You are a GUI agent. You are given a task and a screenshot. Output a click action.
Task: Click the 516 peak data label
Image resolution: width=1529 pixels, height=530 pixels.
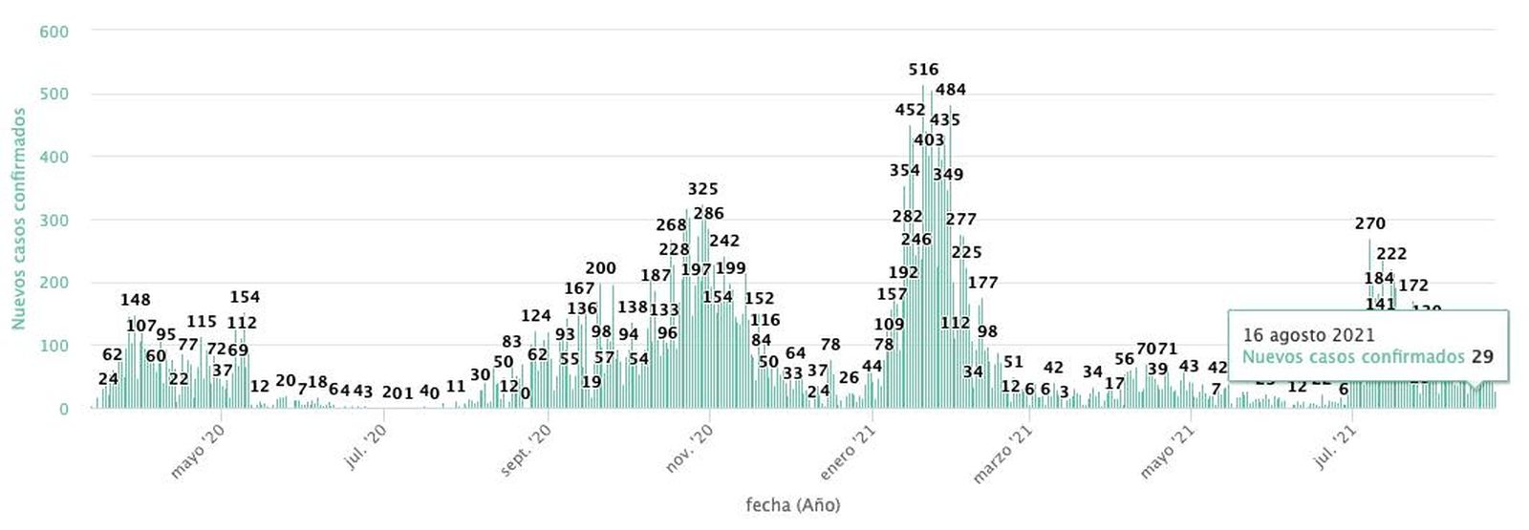[x=923, y=70]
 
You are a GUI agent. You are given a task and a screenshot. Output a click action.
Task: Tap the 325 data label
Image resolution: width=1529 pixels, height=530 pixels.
[x=702, y=189]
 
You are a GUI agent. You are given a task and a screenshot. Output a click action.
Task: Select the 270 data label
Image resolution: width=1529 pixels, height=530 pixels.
[x=1369, y=223]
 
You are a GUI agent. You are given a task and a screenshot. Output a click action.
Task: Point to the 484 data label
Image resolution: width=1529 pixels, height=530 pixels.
[x=950, y=90]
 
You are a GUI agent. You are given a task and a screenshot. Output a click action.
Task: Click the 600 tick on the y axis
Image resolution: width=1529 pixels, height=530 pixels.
[x=54, y=32]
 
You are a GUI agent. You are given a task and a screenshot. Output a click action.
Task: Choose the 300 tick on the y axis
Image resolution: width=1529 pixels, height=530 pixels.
[x=54, y=221]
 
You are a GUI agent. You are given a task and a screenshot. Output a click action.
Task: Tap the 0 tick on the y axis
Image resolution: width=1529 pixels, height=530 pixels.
[x=63, y=409]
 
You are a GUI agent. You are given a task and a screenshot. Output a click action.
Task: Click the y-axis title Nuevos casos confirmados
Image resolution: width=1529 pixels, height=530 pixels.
[x=18, y=219]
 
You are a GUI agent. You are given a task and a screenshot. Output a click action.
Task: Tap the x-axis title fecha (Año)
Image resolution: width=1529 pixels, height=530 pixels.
[x=792, y=504]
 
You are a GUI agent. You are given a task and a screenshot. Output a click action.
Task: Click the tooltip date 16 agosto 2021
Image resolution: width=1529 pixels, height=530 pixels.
[x=1308, y=335]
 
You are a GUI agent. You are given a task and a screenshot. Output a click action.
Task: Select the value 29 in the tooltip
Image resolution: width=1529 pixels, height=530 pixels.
[x=1482, y=357]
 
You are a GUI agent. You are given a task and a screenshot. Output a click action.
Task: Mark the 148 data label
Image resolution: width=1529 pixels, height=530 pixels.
[x=135, y=300]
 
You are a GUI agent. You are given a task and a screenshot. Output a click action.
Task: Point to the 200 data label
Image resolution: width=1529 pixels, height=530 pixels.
[x=600, y=268]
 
